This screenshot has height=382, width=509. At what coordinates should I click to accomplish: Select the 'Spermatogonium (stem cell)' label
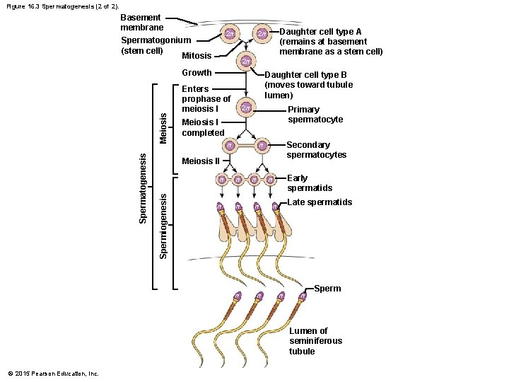[x=156, y=45]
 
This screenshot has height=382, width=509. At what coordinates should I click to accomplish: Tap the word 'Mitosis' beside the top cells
[x=197, y=56]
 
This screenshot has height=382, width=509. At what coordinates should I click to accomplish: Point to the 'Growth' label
[x=197, y=72]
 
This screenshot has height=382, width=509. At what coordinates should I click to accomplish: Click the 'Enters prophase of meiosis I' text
[x=206, y=99]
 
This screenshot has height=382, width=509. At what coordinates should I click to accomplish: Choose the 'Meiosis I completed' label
[x=203, y=127]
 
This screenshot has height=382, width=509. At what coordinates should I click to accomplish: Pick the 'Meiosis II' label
[x=201, y=161]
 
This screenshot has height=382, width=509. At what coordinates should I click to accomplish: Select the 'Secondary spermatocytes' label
[x=316, y=150]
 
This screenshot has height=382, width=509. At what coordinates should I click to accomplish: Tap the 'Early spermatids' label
[x=309, y=183]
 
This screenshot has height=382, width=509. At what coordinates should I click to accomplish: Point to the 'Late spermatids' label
[x=320, y=203]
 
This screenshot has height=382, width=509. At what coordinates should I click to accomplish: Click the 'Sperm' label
[x=327, y=289]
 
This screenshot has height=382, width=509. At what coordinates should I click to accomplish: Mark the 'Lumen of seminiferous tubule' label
[x=315, y=341]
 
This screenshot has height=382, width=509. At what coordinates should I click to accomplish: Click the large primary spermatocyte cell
[x=245, y=108]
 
